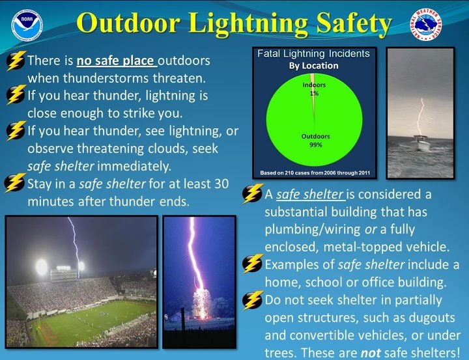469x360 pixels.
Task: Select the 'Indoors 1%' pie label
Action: (313, 89)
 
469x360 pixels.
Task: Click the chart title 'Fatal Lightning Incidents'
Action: (313, 54)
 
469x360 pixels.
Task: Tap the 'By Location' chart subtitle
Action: (313, 66)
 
